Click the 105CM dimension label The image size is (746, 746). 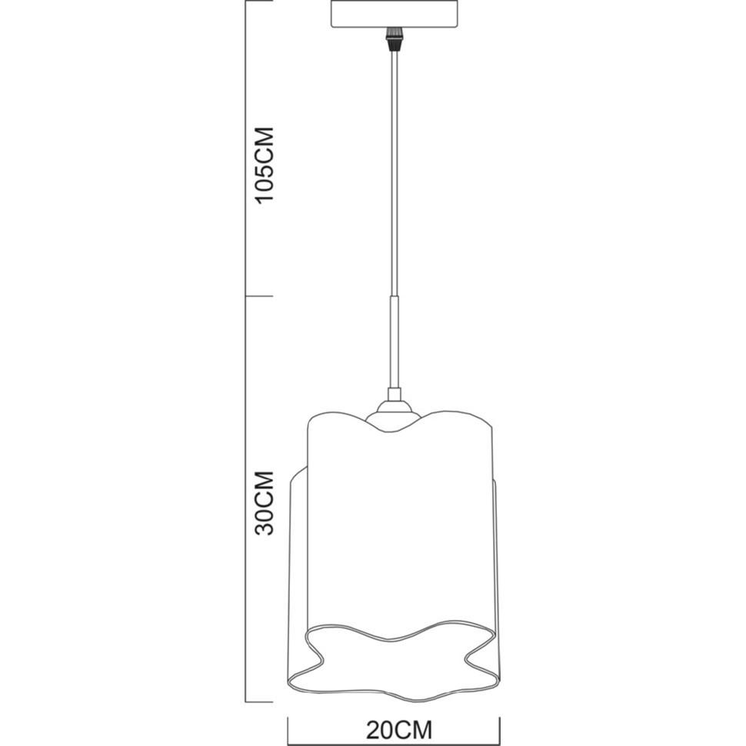265,165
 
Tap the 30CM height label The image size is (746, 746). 265,504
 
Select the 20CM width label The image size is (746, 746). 399,728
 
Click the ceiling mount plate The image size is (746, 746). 395,14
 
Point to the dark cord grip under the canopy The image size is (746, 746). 394,39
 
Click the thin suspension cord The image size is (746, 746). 394,173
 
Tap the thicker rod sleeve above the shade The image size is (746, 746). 394,342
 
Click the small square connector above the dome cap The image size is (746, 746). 394,395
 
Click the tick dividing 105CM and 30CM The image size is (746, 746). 259,296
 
